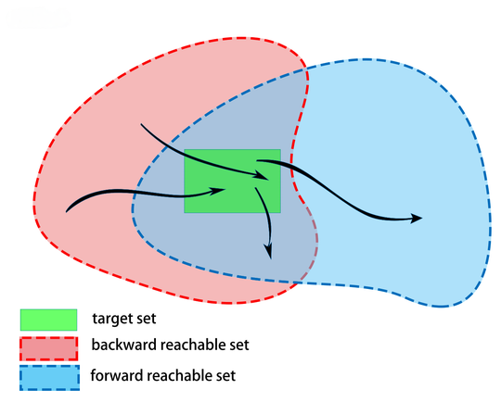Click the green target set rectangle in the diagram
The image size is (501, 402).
pos(232,181)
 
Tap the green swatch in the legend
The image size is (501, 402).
pos(48,320)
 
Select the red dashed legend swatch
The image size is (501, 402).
pos(48,348)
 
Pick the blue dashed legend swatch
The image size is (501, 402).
pos(49,378)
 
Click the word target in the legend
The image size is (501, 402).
pos(112,319)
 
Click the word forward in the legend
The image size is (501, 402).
pos(117,375)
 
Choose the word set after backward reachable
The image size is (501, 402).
pos(238,345)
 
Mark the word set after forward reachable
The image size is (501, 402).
pos(225,375)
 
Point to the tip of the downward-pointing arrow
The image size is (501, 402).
pos(271,258)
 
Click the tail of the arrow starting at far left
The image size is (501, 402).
pos(66,212)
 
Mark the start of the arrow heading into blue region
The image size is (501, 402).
pos(257,160)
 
